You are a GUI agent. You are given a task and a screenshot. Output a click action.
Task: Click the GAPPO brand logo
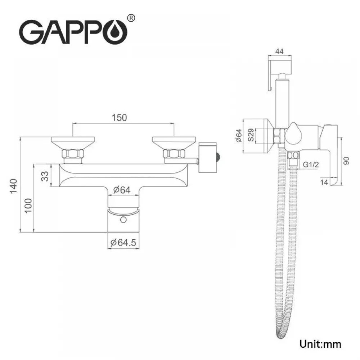[x=76, y=30]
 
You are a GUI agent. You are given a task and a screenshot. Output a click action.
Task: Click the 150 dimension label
[x=119, y=118]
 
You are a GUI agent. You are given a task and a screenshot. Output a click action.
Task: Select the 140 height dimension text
[x=14, y=186]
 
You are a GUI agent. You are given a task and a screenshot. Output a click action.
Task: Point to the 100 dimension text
[x=28, y=206]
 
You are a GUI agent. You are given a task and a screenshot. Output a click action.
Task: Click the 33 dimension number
[x=45, y=176]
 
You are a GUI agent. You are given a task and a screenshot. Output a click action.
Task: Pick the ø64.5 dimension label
[x=123, y=243]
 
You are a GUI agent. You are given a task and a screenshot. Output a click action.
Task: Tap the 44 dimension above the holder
[x=279, y=51]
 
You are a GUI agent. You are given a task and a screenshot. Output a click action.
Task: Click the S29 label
[x=251, y=135]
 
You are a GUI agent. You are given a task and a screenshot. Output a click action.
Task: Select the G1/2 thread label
[x=311, y=165]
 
